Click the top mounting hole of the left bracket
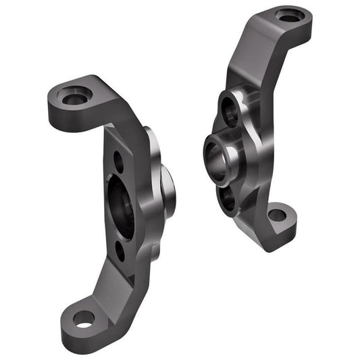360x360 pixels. pyautogui.click(x=74, y=99)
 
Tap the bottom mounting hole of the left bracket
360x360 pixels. pyautogui.click(x=83, y=319)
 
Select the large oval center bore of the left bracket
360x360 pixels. pyautogui.click(x=121, y=207)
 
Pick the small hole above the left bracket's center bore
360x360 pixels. pyautogui.click(x=118, y=161)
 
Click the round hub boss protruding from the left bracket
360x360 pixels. pyautogui.click(x=165, y=192)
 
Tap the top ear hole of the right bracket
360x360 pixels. pyautogui.click(x=289, y=15)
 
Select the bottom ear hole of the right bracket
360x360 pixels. pyautogui.click(x=277, y=216)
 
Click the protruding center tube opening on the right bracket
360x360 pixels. pyautogui.click(x=216, y=161)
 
